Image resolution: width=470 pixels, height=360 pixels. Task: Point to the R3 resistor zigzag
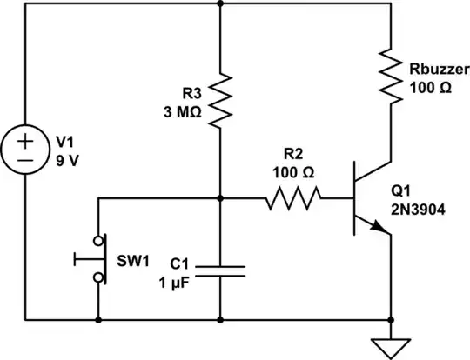220,98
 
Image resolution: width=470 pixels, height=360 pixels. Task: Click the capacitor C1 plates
220,270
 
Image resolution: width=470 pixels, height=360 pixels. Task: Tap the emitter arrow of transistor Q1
378,227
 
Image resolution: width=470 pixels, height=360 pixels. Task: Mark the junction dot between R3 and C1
220,199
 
